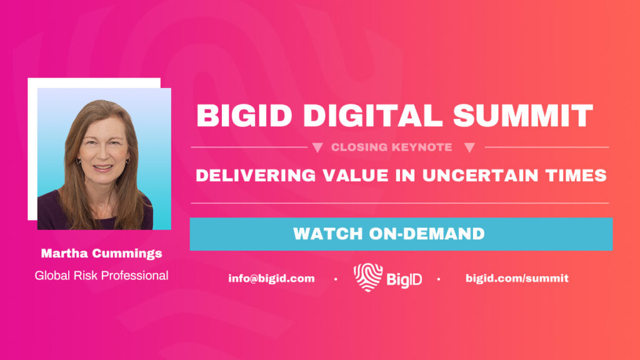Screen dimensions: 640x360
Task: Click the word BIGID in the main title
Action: pos(244,116)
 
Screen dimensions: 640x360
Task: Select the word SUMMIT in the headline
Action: pos(523,116)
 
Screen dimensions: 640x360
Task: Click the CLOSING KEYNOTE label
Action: pos(391,147)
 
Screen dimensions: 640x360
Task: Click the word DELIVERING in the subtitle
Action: pos(256,176)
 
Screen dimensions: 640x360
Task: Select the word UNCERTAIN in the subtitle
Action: pos(481,176)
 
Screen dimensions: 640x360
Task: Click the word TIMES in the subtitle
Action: pos(576,176)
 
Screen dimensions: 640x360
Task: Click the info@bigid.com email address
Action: pos(271,278)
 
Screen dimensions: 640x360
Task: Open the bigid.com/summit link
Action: pos(517,278)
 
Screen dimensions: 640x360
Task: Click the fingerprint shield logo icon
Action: pos(368,277)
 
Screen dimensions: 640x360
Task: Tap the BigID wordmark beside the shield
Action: pos(404,279)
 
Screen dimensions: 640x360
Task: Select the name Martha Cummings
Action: pos(102,254)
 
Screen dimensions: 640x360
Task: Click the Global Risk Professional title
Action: pos(102,276)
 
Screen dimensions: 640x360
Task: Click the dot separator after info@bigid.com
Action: pos(336,279)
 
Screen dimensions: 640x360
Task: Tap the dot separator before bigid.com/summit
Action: pos(439,279)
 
